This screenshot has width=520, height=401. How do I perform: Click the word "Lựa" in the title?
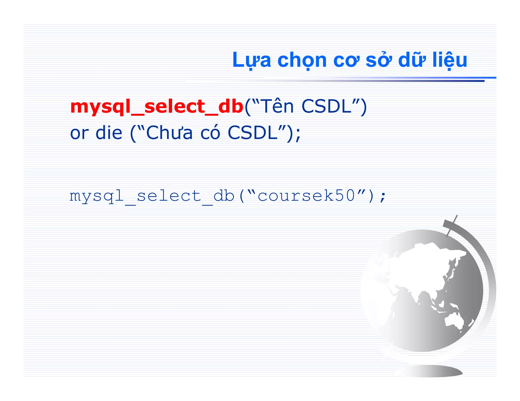click(x=251, y=60)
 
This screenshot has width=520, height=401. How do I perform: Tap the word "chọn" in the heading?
click(x=302, y=60)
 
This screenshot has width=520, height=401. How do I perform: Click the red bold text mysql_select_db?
click(x=157, y=106)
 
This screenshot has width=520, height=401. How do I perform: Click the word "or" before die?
click(x=79, y=133)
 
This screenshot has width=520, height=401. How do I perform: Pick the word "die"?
click(x=109, y=133)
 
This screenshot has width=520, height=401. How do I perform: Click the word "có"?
click(x=210, y=133)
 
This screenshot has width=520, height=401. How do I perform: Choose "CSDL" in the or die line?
click(x=253, y=133)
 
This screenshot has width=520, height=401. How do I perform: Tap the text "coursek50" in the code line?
click(x=306, y=196)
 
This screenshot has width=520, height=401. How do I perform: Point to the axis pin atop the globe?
click(x=452, y=226)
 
